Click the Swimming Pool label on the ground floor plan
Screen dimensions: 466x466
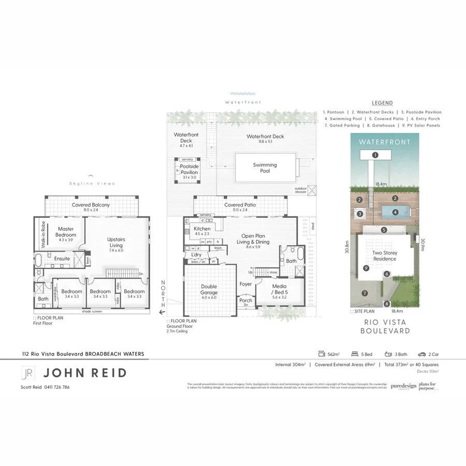coord(265,168)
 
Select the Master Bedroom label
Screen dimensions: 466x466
coord(66,231)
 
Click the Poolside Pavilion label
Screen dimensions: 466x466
coord(188,169)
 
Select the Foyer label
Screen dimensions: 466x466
coord(245,284)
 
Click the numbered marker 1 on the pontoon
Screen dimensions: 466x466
coord(375,155)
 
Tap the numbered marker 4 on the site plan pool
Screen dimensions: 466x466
coord(395,212)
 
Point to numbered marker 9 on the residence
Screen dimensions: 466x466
coord(366,268)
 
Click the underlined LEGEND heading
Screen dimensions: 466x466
coord(382,103)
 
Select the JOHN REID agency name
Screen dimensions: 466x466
coord(85,373)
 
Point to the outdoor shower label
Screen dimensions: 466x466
coord(300,190)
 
